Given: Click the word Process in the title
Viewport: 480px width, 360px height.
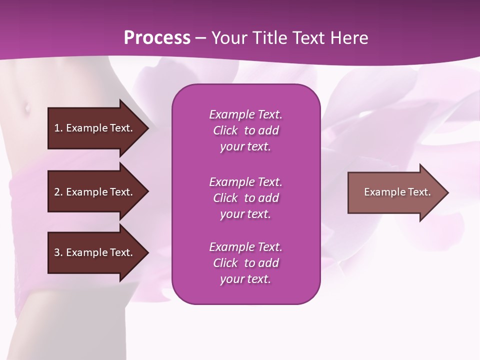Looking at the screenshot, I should click(x=157, y=38).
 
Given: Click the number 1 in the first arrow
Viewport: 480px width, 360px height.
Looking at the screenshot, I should click(x=57, y=128).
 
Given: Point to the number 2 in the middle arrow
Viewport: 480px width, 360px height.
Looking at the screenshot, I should click(x=57, y=192).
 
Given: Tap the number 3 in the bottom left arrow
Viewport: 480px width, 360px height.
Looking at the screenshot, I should click(x=57, y=252).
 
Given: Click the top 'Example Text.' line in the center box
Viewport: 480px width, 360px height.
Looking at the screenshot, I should click(x=245, y=114).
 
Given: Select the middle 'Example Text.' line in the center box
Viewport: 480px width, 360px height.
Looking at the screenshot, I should click(x=245, y=182).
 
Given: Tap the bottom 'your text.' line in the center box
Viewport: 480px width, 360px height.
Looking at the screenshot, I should click(x=245, y=279).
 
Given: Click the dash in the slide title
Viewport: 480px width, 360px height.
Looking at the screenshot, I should click(x=200, y=38).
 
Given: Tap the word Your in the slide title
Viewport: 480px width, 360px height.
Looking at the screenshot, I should click(x=228, y=38).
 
